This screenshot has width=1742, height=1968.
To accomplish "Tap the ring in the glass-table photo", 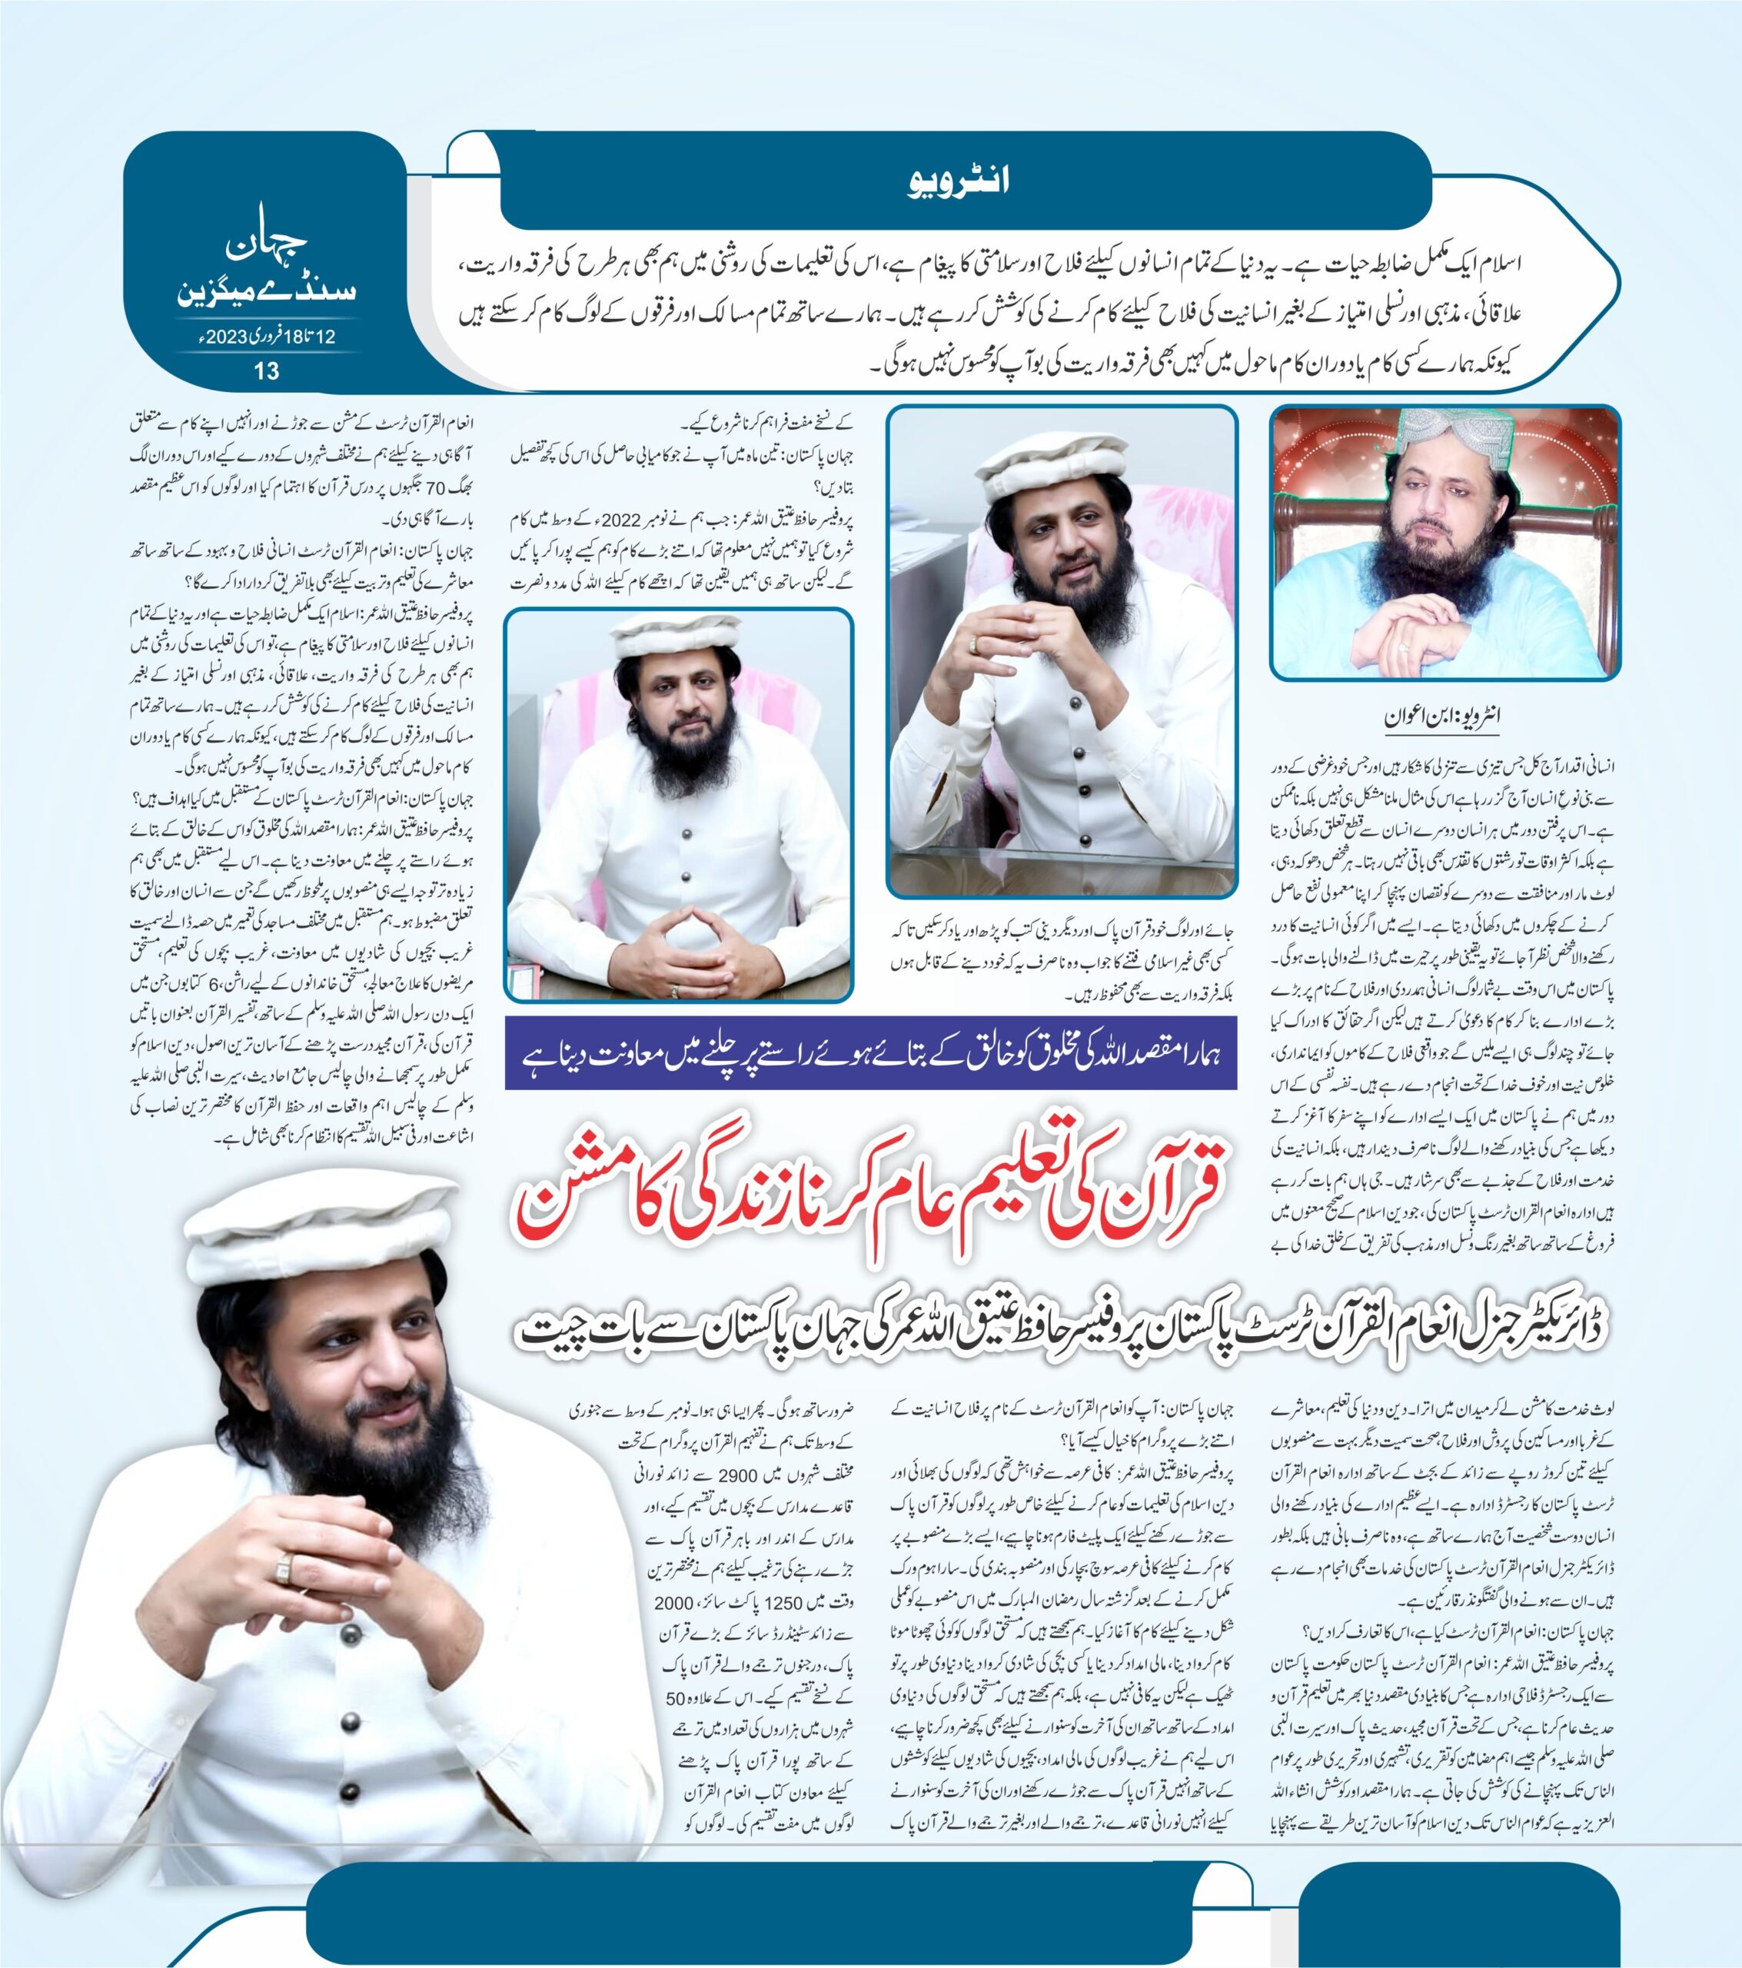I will [x=977, y=645].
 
